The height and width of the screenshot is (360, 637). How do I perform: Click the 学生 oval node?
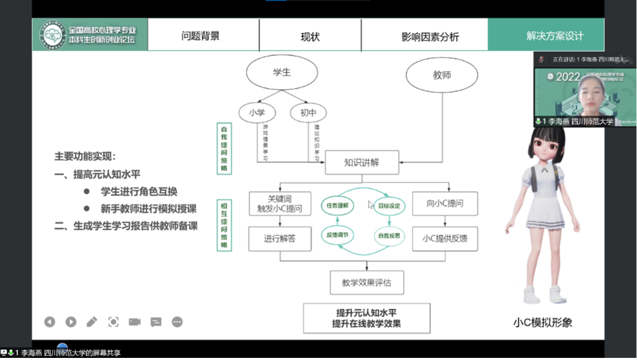(282, 73)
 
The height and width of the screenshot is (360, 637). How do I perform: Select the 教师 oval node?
(442, 75)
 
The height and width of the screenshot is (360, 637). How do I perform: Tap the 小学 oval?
(256, 112)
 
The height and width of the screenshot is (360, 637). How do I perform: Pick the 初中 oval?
(308, 112)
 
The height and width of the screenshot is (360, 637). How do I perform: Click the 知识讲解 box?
(362, 162)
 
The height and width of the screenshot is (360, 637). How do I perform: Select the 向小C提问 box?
(445, 204)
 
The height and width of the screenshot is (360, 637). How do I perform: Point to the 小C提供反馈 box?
(445, 238)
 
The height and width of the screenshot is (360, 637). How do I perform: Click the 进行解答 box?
(280, 238)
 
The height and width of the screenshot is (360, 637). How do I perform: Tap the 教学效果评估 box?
(366, 283)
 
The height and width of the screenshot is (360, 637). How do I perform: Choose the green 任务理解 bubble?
(337, 205)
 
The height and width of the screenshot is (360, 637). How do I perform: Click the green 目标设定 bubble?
(389, 206)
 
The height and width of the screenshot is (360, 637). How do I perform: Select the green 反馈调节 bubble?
(337, 235)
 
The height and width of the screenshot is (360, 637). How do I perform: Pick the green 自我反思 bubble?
(389, 236)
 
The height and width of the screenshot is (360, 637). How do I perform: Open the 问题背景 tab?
(201, 36)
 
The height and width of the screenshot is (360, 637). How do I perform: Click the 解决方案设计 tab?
(555, 36)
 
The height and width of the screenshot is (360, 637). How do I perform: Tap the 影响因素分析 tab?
(430, 36)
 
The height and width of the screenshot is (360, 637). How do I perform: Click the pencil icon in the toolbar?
(92, 322)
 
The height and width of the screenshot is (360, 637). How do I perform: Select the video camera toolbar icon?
(135, 322)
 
